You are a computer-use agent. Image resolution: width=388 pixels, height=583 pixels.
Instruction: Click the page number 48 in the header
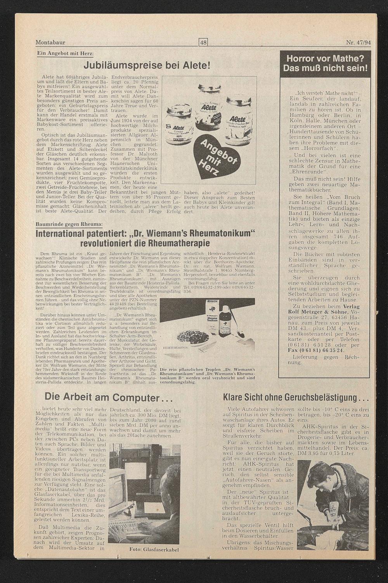203,43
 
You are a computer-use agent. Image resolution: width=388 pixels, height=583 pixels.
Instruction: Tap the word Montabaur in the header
50,43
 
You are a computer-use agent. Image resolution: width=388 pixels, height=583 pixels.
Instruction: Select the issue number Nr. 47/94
358,43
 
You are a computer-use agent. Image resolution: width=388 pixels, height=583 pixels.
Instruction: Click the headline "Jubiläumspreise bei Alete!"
147,65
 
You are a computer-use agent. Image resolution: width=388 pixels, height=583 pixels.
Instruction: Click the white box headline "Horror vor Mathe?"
325,59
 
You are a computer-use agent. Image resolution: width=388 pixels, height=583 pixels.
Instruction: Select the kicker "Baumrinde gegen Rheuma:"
69,224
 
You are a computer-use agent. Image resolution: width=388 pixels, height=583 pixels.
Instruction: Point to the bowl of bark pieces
193,336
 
